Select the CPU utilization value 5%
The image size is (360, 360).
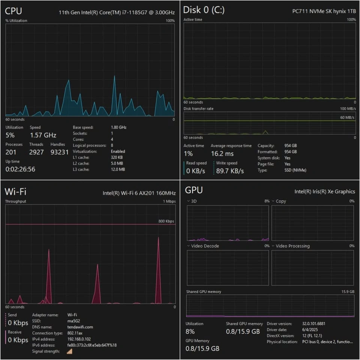click(x=10, y=135)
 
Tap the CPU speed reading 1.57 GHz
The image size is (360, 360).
click(x=43, y=135)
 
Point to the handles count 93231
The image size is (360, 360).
click(x=60, y=152)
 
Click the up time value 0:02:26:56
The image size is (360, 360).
click(x=20, y=169)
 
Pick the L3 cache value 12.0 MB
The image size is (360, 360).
click(x=118, y=169)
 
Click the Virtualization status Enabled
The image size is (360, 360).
click(x=118, y=151)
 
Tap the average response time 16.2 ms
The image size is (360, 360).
click(x=222, y=153)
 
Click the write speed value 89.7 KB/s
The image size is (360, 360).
click(x=230, y=171)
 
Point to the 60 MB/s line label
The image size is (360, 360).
click(x=348, y=118)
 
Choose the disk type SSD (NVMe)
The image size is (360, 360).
click(x=295, y=170)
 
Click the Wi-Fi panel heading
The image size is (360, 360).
click(x=15, y=192)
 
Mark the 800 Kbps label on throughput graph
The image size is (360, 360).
click(x=166, y=221)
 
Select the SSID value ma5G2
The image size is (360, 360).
click(x=73, y=321)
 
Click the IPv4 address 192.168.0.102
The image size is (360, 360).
click(x=81, y=339)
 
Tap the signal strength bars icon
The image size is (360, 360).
click(x=69, y=351)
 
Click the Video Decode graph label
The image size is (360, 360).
click(x=205, y=246)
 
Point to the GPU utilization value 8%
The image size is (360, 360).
click(x=190, y=331)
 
